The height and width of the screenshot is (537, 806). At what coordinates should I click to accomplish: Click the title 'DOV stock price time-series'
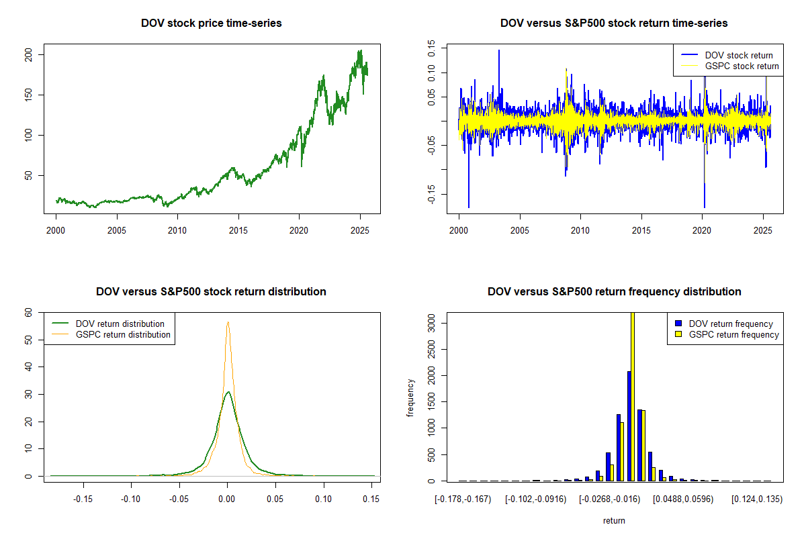pos(211,23)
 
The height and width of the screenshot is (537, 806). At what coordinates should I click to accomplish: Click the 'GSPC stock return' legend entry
pos(742,66)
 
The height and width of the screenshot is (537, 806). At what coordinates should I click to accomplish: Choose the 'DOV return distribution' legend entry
pos(120,324)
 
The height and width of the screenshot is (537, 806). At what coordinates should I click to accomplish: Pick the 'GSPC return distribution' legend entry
pos(123,334)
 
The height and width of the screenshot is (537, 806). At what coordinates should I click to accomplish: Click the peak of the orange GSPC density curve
pos(228,322)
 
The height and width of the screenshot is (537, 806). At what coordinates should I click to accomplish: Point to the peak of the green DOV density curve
pos(228,392)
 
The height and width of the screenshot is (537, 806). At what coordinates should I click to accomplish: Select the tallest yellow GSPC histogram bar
pos(632,396)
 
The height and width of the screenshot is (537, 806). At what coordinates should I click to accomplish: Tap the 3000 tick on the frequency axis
pos(433,323)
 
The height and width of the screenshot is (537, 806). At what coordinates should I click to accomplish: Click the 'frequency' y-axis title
pos(411,398)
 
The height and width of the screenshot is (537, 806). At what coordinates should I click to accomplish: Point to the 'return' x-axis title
pos(614,520)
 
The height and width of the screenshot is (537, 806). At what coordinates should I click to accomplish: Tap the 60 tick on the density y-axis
pos(30,313)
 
